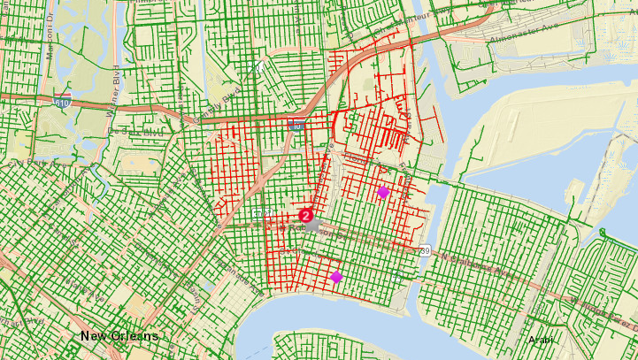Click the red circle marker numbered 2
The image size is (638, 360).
tap(306, 215)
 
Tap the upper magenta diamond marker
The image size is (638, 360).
tap(383, 191)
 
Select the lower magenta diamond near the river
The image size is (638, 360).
tap(336, 277)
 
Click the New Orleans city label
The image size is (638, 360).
tap(119, 336)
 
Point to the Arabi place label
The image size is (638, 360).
tap(539, 340)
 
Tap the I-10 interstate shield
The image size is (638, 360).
tap(296, 126)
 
